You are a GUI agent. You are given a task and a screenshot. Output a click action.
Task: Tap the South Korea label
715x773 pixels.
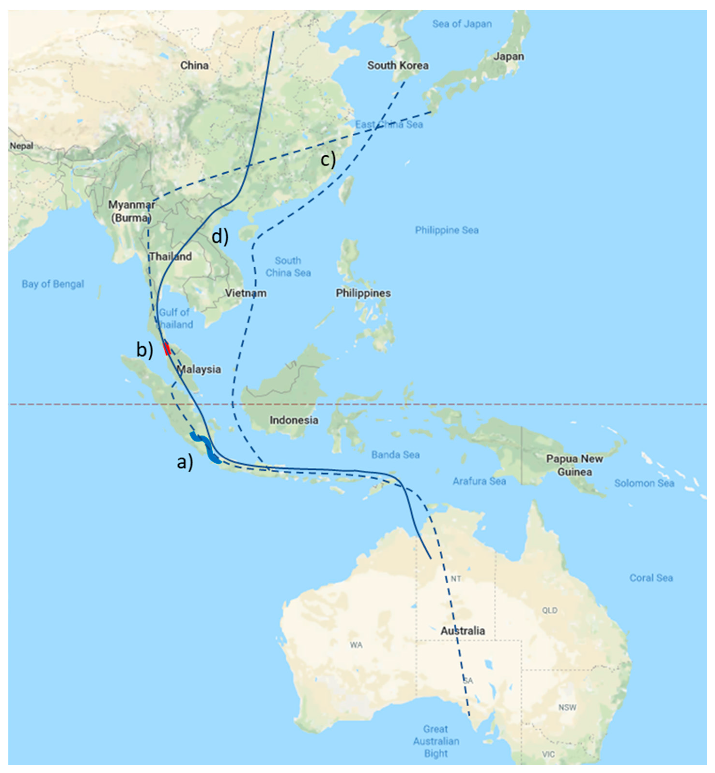[x=398, y=65]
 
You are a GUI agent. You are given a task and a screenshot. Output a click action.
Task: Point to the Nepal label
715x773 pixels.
[x=21, y=146]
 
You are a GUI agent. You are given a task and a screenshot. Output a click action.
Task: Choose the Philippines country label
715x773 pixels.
[x=363, y=293]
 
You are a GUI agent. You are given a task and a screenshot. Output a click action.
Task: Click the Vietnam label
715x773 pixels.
[x=246, y=293]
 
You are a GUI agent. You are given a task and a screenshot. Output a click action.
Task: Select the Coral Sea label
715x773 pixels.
[x=651, y=578]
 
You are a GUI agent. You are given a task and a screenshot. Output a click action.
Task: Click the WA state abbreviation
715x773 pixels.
[x=356, y=645]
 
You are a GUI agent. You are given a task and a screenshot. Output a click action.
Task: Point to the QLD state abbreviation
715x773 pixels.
[x=549, y=610]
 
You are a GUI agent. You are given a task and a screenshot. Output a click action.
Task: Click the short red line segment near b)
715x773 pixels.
[x=167, y=348]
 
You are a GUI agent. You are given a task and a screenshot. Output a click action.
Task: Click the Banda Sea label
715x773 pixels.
[x=395, y=455]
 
